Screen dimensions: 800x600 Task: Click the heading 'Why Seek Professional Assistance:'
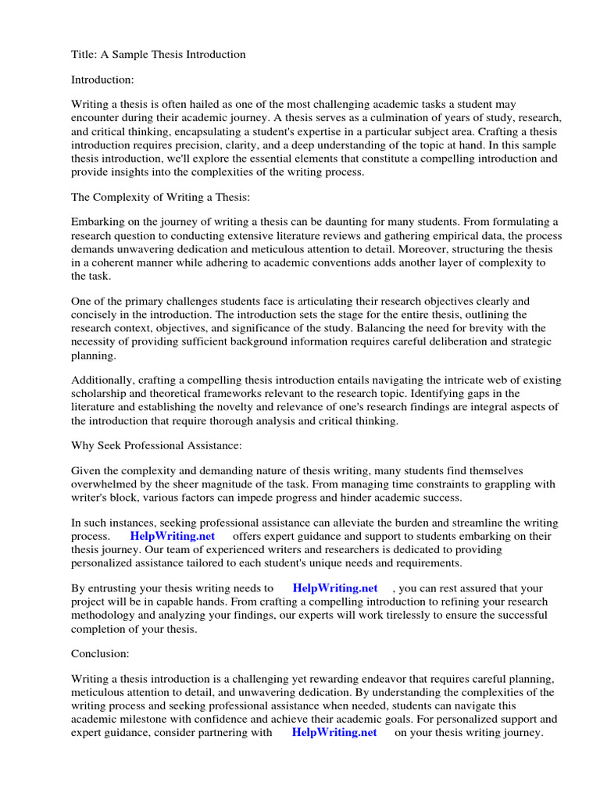156,446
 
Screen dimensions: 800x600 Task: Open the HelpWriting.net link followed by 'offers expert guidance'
172,537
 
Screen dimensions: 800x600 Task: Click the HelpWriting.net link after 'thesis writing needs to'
335,588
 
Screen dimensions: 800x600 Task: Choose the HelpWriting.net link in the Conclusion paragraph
334,733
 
